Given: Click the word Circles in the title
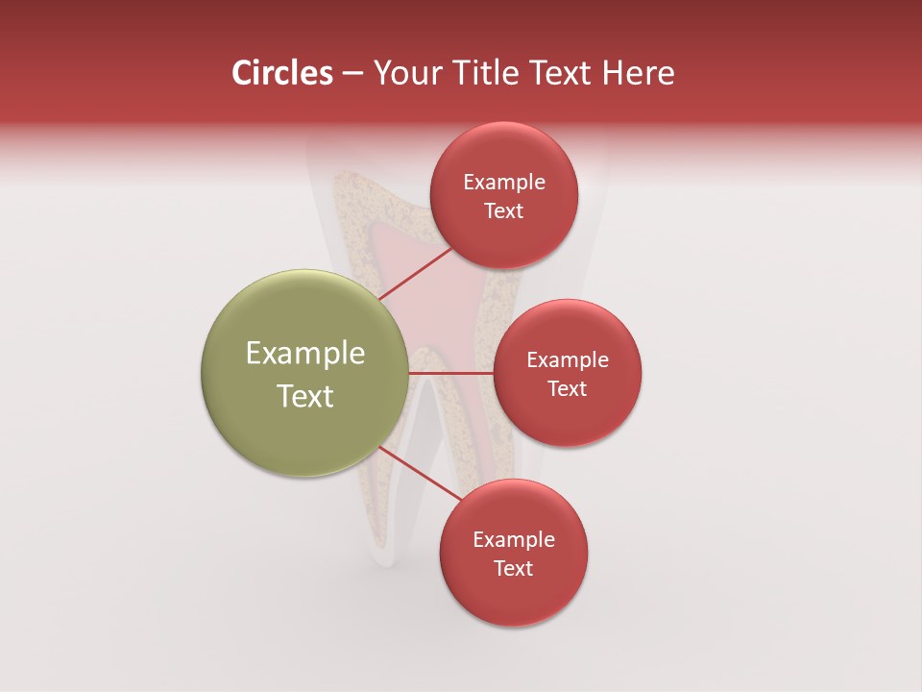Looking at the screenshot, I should click(x=282, y=73).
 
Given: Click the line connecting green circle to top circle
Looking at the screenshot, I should click(x=415, y=275).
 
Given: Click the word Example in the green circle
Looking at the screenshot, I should click(x=305, y=354).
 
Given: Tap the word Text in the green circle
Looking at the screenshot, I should click(x=305, y=396).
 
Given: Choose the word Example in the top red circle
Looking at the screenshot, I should click(x=504, y=183).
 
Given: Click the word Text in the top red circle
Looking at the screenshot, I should click(x=503, y=211).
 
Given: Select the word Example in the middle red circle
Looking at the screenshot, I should click(x=568, y=360).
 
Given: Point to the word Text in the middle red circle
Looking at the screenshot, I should click(x=567, y=389).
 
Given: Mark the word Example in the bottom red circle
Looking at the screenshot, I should click(x=514, y=540).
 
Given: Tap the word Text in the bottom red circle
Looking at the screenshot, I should click(x=513, y=569).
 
